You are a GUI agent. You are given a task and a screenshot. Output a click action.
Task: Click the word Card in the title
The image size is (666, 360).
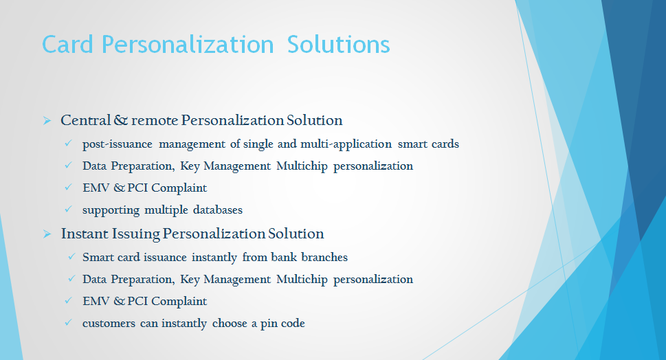(x=67, y=45)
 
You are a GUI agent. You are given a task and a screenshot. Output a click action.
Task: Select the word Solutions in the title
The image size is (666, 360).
(x=339, y=45)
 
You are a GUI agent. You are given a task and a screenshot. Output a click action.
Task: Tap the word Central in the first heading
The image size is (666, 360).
(x=85, y=120)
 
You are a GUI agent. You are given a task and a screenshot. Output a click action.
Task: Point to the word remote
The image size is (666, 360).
(x=155, y=120)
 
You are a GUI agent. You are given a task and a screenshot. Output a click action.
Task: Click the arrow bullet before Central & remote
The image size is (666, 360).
(x=47, y=121)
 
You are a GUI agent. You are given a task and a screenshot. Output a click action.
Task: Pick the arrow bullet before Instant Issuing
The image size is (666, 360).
(x=47, y=234)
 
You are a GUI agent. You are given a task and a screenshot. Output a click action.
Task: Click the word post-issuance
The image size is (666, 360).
(x=118, y=144)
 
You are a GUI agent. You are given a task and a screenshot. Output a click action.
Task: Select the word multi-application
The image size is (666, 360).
(x=346, y=144)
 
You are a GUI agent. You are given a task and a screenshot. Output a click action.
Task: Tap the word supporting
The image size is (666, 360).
(x=111, y=210)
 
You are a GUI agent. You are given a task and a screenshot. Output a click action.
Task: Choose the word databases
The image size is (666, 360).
(x=218, y=210)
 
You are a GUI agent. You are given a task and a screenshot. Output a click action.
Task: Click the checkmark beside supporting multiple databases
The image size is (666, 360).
(x=68, y=209)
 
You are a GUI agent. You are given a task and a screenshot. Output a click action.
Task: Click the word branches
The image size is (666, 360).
(x=324, y=257)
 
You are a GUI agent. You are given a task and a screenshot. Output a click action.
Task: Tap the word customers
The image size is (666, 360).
(x=109, y=324)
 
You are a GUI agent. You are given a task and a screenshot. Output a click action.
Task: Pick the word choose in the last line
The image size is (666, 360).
(x=230, y=323)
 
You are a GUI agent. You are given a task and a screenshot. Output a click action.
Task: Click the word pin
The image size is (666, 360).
(x=269, y=324)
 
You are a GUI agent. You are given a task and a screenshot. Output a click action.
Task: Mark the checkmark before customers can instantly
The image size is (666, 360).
(x=68, y=322)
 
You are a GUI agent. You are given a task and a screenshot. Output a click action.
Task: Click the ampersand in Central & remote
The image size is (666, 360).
(x=121, y=120)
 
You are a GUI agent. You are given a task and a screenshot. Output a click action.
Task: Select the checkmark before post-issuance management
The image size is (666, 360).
(x=68, y=143)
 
